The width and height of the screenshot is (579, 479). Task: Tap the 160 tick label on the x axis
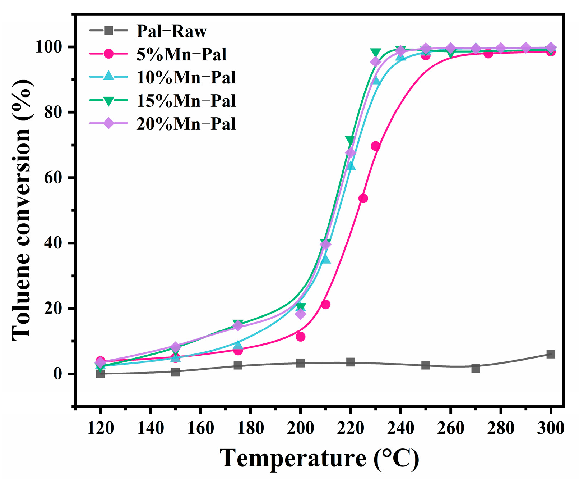(x=200, y=428)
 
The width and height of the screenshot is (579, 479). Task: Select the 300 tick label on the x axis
(x=550, y=428)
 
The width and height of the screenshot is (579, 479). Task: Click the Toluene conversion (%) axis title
(x=22, y=210)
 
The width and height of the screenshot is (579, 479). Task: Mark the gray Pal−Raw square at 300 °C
(x=551, y=354)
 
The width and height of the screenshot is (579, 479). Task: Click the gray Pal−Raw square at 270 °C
(x=476, y=368)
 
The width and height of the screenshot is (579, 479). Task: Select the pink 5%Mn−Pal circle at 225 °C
(x=363, y=199)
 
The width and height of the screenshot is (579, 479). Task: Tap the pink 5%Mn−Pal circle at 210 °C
(x=325, y=305)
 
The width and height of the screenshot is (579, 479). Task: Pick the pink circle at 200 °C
(x=301, y=337)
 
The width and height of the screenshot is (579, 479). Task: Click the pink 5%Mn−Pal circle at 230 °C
(x=376, y=146)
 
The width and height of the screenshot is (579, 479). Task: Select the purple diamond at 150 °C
(x=175, y=347)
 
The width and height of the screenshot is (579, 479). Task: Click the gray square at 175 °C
(x=238, y=365)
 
